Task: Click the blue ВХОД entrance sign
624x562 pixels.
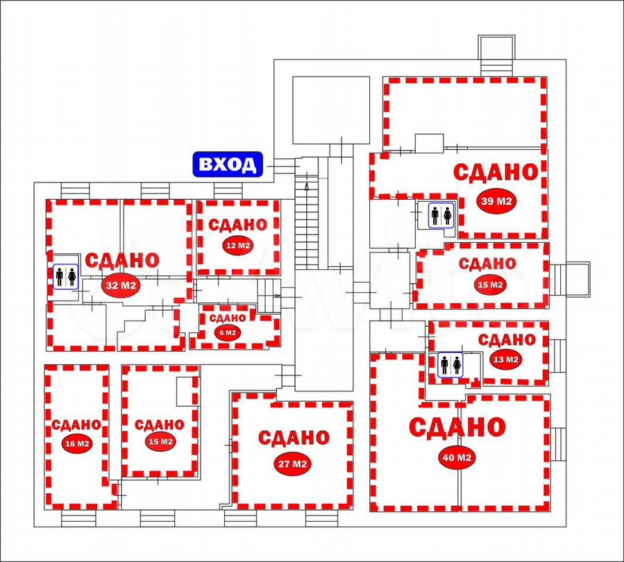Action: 228,164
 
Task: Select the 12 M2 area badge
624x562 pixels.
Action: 238,246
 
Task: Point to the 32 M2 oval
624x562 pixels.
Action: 121,284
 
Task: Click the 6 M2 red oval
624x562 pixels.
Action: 227,332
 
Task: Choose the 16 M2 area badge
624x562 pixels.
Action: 77,443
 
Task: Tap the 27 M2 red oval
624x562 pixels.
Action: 292,463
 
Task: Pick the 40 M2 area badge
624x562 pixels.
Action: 457,458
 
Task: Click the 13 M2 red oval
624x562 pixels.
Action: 505,359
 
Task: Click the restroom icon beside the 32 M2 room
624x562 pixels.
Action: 66,277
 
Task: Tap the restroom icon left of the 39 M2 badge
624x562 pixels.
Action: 441,215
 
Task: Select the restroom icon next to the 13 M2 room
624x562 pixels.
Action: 450,365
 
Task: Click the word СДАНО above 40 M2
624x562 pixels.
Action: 457,427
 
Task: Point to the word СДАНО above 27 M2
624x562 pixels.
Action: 294,438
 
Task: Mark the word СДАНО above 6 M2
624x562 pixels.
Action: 228,318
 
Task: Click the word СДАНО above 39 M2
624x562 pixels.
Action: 496,173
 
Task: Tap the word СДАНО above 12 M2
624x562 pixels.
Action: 238,225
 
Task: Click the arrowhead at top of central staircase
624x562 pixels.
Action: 306,186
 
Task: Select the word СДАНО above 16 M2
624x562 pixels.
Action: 76,425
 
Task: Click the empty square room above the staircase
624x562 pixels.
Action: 332,110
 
